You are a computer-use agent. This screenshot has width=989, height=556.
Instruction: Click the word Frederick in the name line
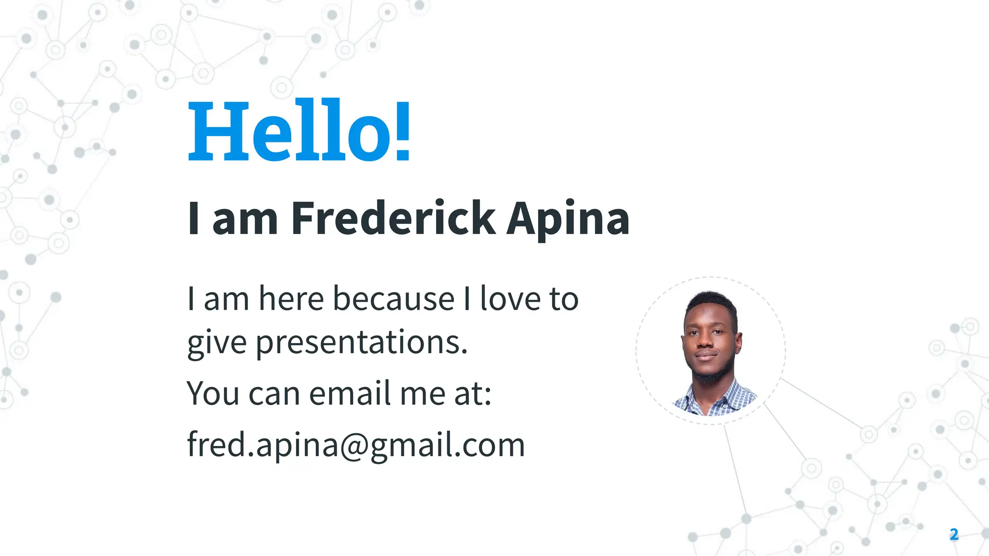393,219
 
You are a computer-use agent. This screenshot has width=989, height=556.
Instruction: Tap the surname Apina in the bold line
568,219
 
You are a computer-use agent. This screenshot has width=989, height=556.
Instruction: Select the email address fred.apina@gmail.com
356,445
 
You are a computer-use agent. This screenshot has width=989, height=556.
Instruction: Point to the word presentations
361,342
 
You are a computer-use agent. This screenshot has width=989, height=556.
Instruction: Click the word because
394,299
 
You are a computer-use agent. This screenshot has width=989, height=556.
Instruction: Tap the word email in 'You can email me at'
350,393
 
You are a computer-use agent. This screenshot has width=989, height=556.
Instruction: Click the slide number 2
954,534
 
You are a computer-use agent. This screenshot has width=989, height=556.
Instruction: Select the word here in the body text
291,299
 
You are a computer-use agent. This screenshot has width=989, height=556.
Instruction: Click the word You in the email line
213,393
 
